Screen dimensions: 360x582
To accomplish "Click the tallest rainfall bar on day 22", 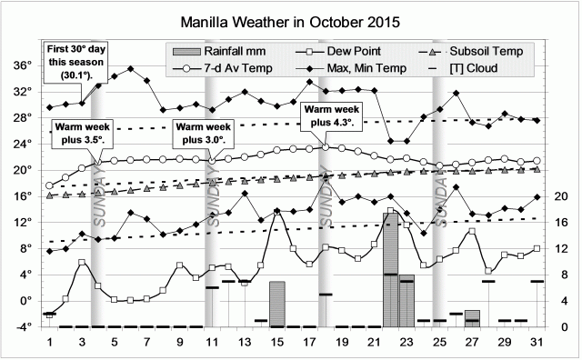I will [x=391, y=268].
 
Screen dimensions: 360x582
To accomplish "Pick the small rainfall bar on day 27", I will [x=472, y=318].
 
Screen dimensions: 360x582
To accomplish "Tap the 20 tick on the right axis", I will [x=561, y=196].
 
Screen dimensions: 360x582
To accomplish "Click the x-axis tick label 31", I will [x=537, y=342].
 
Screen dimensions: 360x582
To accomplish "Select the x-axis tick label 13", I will [x=245, y=342].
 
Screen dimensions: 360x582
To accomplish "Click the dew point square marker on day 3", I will [x=82, y=263].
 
